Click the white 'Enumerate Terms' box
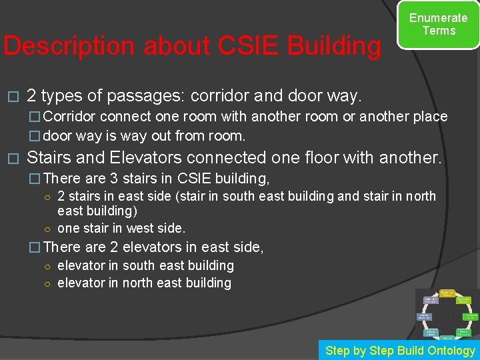(438, 25)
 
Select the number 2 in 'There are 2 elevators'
(114, 247)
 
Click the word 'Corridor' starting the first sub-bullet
(71, 117)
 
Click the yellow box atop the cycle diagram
(447, 293)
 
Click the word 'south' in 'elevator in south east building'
(139, 265)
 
